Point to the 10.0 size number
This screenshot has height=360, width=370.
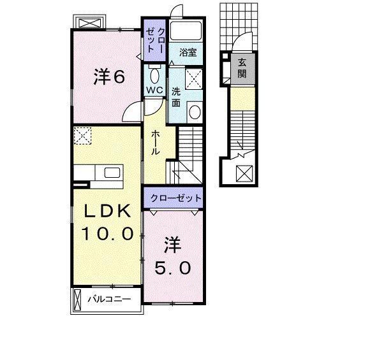click(x=107, y=234)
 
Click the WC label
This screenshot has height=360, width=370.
click(x=155, y=90)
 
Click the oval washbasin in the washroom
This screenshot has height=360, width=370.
click(x=195, y=113)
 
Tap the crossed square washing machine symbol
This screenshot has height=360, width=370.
click(x=193, y=79)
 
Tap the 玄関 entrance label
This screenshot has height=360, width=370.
click(x=242, y=68)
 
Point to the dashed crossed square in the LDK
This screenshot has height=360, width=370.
click(x=82, y=136)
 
